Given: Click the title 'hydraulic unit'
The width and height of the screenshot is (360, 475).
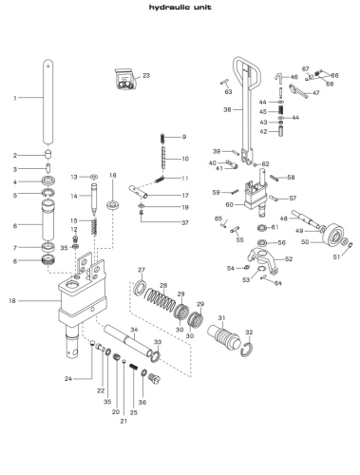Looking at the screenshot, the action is [180, 8].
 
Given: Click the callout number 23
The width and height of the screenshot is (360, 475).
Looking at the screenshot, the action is [146, 76].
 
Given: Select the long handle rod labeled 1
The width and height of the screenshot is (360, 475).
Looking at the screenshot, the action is [47, 102].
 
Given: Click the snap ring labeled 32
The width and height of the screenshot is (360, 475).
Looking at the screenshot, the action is [247, 350].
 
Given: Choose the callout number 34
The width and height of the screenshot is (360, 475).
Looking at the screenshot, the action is [134, 330].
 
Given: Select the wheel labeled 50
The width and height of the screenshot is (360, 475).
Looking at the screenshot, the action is [333, 235].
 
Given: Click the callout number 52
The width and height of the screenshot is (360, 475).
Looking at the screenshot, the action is [289, 259].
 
